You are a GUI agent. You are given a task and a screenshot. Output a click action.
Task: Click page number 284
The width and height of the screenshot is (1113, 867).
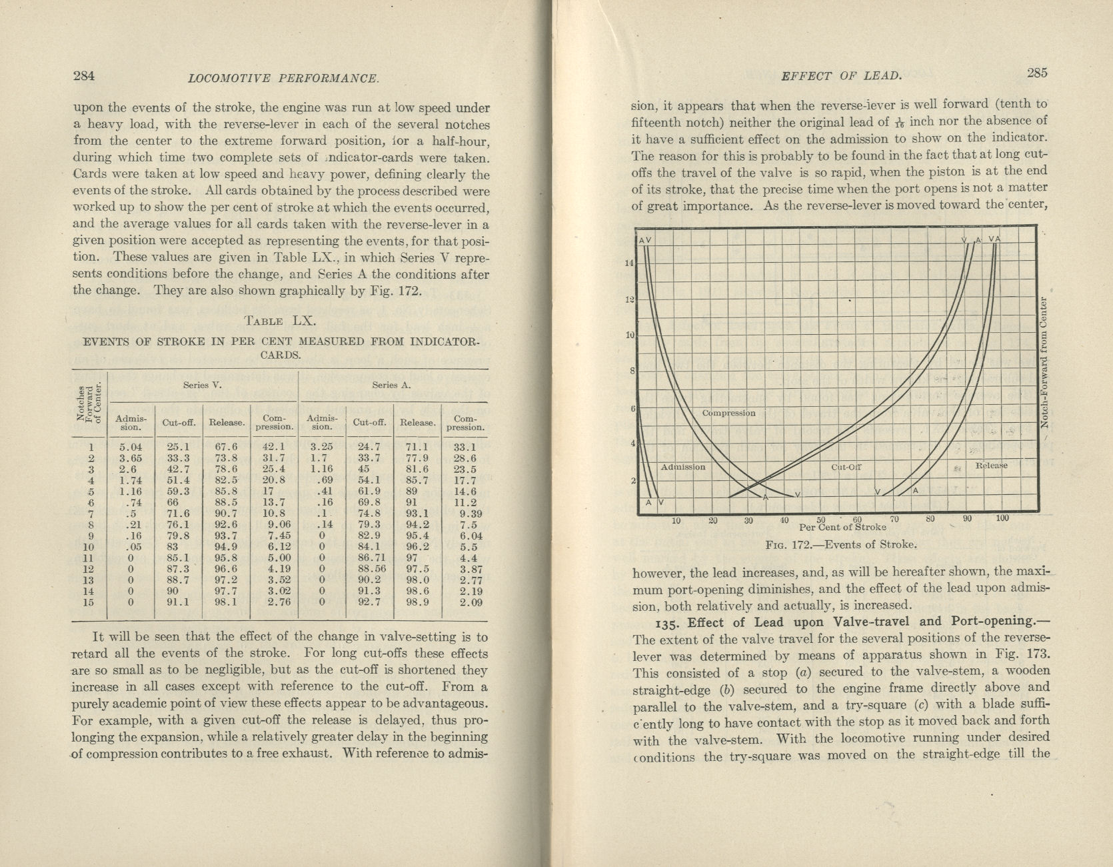(x=83, y=75)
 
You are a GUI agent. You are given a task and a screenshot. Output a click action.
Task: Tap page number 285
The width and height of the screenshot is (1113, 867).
(x=1037, y=73)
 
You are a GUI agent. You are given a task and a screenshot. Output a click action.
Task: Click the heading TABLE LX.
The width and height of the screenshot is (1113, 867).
(x=279, y=320)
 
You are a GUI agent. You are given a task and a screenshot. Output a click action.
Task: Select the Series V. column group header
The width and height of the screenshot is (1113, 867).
(x=203, y=385)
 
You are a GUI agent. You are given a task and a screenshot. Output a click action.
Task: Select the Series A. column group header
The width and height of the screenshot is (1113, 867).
(x=392, y=385)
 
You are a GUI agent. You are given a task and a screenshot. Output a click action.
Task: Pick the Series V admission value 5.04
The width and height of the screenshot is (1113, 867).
(x=131, y=447)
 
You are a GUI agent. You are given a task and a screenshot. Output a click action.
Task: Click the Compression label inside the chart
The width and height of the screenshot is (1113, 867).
(x=728, y=413)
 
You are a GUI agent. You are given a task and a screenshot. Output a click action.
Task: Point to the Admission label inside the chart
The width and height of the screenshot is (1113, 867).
(x=682, y=467)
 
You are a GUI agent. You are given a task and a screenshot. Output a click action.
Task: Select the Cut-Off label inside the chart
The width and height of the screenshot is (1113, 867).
(x=846, y=467)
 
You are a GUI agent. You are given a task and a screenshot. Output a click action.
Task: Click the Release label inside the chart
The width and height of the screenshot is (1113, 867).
(x=992, y=465)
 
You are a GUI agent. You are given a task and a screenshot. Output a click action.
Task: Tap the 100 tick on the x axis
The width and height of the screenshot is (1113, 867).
(x=1002, y=518)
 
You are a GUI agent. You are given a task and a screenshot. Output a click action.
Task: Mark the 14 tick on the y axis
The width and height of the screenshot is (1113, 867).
(x=628, y=263)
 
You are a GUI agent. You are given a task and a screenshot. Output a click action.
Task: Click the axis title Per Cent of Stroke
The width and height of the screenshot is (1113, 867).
(x=842, y=527)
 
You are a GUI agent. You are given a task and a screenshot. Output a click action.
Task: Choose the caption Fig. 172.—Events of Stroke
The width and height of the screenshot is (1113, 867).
(x=841, y=544)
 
